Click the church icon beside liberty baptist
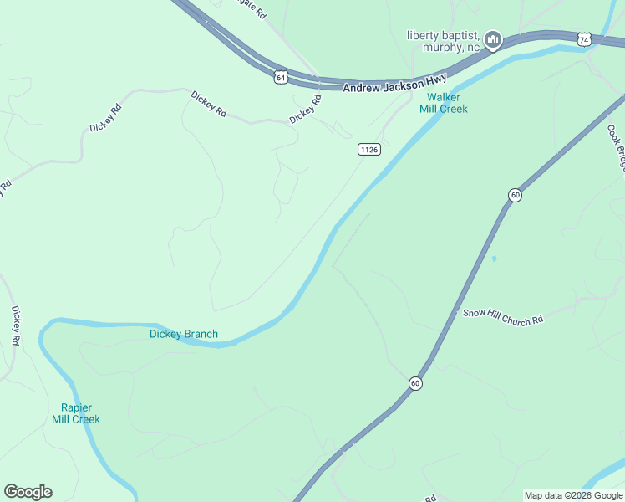click(x=493, y=39)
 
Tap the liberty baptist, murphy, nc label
click(x=445, y=41)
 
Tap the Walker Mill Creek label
click(x=443, y=103)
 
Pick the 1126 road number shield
click(x=369, y=149)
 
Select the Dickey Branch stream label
click(x=184, y=334)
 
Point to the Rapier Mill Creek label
click(x=75, y=413)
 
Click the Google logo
click(x=28, y=492)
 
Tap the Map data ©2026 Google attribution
click(x=573, y=495)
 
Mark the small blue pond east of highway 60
click(x=494, y=258)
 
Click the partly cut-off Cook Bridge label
click(x=617, y=146)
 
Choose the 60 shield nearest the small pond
click(x=515, y=195)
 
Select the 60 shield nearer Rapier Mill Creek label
click(x=415, y=383)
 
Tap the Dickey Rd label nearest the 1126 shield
click(x=306, y=110)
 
